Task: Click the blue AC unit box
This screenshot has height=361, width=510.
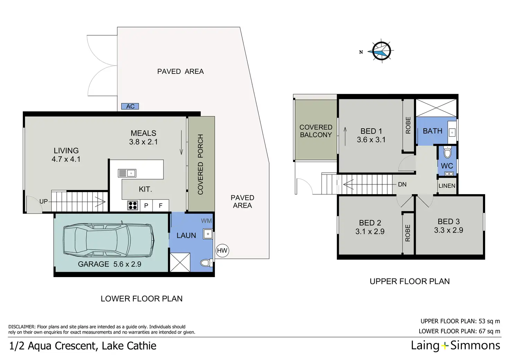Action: pyautogui.click(x=130, y=106)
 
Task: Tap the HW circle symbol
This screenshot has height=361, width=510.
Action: pyautogui.click(x=222, y=251)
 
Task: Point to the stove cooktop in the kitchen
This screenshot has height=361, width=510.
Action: pyautogui.click(x=133, y=205)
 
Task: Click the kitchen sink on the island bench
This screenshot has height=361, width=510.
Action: pyautogui.click(x=127, y=173)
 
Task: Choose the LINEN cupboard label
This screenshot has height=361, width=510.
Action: pyautogui.click(x=447, y=186)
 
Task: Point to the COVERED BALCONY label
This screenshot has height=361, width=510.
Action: pyautogui.click(x=316, y=131)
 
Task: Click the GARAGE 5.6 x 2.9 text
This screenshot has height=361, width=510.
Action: pyautogui.click(x=109, y=264)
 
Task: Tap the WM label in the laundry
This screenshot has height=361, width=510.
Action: pyautogui.click(x=206, y=221)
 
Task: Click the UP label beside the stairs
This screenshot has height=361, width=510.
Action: pyautogui.click(x=44, y=201)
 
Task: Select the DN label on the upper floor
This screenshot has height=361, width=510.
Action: pyautogui.click(x=402, y=184)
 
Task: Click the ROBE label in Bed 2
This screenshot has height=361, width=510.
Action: pyautogui.click(x=407, y=233)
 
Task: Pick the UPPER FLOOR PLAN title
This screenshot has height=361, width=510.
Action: pyautogui.click(x=410, y=282)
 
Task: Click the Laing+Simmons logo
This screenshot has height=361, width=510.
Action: pyautogui.click(x=455, y=345)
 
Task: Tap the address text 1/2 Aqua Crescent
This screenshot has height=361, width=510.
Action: pyautogui.click(x=82, y=346)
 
